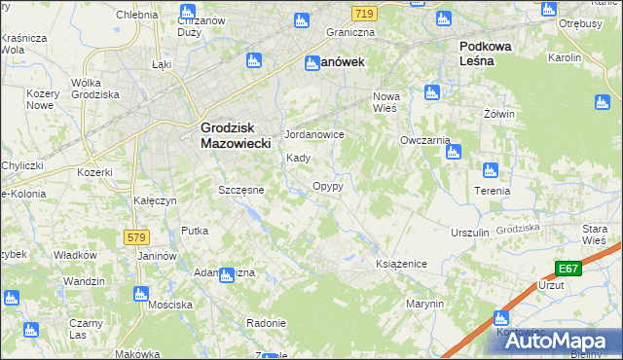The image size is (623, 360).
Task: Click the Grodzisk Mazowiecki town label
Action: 241,134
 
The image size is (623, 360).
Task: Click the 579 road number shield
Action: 137,237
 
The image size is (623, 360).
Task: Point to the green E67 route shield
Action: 569,269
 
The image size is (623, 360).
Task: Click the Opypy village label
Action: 327,185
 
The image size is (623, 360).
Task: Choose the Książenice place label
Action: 402,264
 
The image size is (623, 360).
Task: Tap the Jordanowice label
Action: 313,134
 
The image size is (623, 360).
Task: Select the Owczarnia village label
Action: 424,140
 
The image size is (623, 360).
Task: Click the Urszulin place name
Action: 469,234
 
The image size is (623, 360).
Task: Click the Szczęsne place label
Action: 241,190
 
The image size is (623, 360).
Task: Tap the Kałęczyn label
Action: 154,200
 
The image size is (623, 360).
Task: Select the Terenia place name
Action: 494,191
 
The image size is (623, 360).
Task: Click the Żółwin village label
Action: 498,114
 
